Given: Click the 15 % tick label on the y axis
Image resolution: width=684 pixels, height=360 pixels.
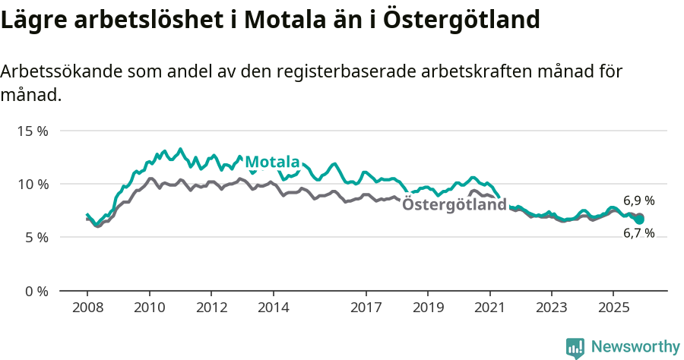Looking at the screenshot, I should click(x=33, y=131).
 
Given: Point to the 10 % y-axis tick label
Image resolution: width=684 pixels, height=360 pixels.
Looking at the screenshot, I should click(x=33, y=184).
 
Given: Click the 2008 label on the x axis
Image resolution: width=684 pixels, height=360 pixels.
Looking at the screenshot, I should click(x=87, y=308).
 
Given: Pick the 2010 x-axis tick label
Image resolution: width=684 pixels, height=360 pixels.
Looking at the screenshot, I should click(x=150, y=308).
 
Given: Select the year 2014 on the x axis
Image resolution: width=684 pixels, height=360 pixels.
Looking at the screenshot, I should click(x=274, y=308).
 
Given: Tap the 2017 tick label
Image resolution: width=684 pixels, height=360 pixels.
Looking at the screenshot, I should click(x=366, y=308).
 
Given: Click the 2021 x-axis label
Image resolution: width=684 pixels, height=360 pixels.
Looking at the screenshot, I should click(x=490, y=308).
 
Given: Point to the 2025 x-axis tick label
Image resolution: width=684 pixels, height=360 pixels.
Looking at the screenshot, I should click(x=613, y=308).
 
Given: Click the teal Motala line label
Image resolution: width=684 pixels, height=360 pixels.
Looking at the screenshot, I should click(x=272, y=162).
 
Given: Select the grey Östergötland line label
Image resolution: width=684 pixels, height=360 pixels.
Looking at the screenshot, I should click(x=454, y=204).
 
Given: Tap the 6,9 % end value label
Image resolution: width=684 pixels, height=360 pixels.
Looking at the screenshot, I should click(x=639, y=201).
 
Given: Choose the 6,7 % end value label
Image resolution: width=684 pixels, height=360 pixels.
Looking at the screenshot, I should click(x=639, y=234).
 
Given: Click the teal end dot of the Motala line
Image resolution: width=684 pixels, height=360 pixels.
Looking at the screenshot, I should click(x=639, y=219).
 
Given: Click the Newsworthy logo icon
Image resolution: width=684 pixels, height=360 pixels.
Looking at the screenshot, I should click(x=575, y=348).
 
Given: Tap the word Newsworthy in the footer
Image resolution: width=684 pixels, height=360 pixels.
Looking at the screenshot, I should click(x=635, y=347).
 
